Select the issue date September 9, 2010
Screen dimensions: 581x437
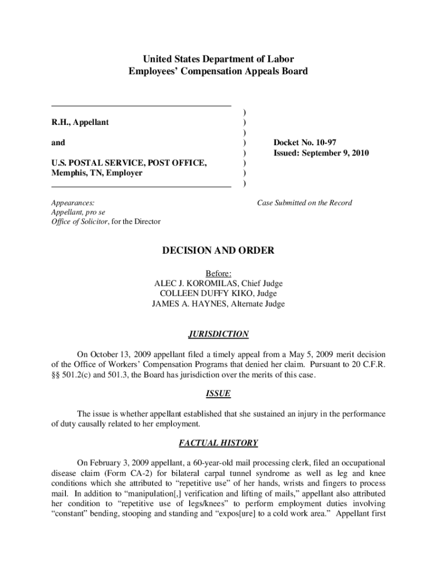[337, 153]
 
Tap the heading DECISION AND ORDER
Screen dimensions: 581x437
[218, 250]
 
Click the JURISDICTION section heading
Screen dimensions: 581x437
[218, 334]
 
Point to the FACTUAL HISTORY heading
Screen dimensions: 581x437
[218, 443]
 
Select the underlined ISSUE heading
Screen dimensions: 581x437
[218, 393]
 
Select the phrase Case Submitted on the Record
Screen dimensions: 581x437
[304, 203]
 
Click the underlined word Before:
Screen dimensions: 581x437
[218, 273]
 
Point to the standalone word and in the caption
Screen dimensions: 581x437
[58, 142]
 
